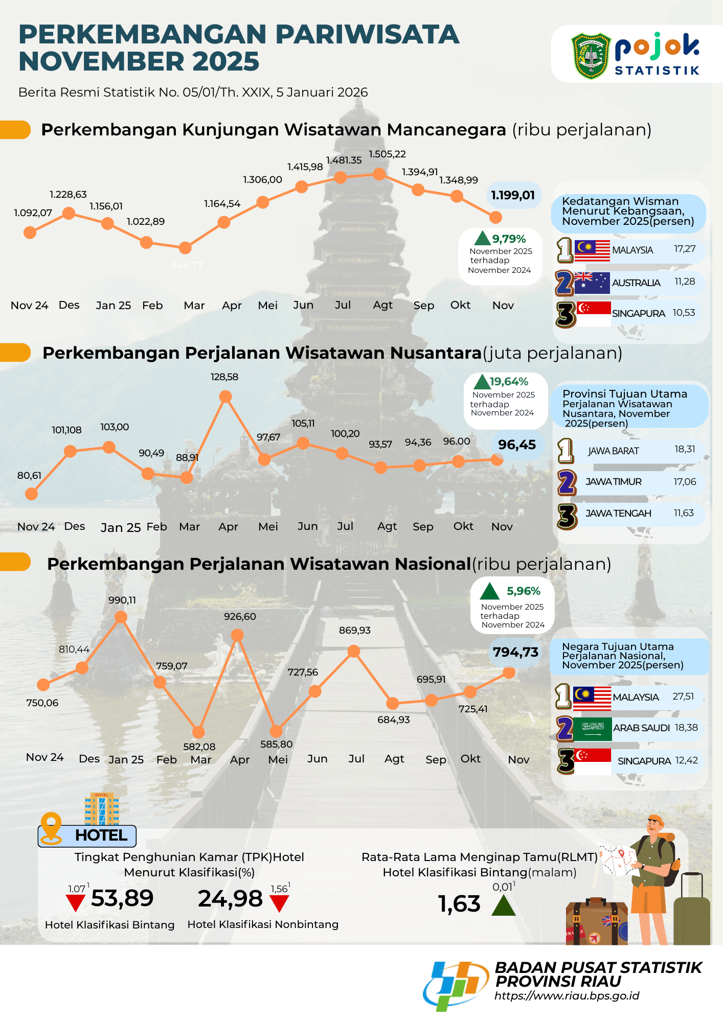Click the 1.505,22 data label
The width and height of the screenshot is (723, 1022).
(387, 154)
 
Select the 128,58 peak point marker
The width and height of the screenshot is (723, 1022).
(225, 397)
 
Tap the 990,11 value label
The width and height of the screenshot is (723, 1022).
(122, 600)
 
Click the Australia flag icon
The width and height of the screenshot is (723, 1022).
(592, 283)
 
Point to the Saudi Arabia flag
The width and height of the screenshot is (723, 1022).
(592, 729)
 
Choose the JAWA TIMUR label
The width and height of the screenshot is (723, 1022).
(613, 482)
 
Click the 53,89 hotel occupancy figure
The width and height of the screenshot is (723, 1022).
(122, 898)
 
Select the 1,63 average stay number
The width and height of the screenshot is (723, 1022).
(459, 904)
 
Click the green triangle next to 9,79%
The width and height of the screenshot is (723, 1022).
(482, 239)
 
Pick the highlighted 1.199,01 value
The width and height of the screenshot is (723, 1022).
(513, 195)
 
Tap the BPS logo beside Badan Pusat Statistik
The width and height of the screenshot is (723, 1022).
(455, 985)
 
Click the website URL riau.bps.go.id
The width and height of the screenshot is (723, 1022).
(567, 995)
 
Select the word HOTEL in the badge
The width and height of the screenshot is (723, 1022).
(101, 835)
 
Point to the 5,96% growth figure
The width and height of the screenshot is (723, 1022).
(523, 591)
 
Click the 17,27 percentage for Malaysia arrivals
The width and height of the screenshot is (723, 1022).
(685, 249)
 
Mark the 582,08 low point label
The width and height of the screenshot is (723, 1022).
(199, 747)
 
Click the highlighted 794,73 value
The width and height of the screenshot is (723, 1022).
(515, 653)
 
